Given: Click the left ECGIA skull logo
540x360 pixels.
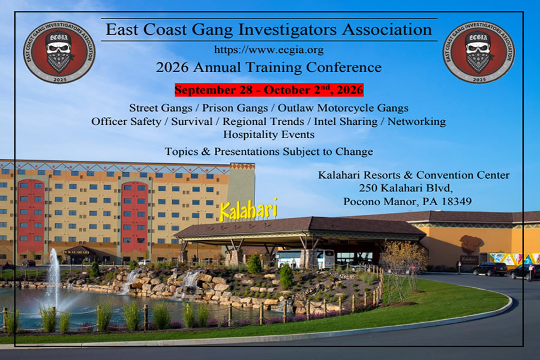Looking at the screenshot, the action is tap(59, 52).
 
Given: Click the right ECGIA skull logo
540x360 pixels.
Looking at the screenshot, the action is tap(479, 52).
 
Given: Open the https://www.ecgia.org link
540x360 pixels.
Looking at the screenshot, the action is tap(269, 50).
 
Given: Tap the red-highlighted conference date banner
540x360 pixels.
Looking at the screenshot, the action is tap(269, 90).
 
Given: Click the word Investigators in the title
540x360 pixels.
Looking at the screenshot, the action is tap(287, 29).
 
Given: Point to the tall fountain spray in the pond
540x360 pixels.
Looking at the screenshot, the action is tap(54, 275).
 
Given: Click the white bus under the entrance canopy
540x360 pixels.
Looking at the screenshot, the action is tap(304, 259).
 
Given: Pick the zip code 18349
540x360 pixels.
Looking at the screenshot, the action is tap(457, 202).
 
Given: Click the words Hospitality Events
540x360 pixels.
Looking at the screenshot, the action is tap(269, 134).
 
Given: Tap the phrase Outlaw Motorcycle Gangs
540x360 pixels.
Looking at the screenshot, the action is tap(343, 108).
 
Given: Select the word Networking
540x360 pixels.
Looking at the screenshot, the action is tap(416, 121).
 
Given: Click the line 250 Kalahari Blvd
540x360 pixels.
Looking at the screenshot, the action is tap(406, 188).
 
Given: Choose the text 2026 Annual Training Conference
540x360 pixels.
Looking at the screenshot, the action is tap(269, 67).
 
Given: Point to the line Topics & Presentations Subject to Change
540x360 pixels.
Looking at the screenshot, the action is tap(269, 152).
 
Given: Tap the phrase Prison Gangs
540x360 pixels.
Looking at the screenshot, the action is tap(235, 108).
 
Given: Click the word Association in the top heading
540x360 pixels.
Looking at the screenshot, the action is tap(387, 29).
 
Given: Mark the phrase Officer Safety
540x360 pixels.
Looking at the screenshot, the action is tap(126, 121).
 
